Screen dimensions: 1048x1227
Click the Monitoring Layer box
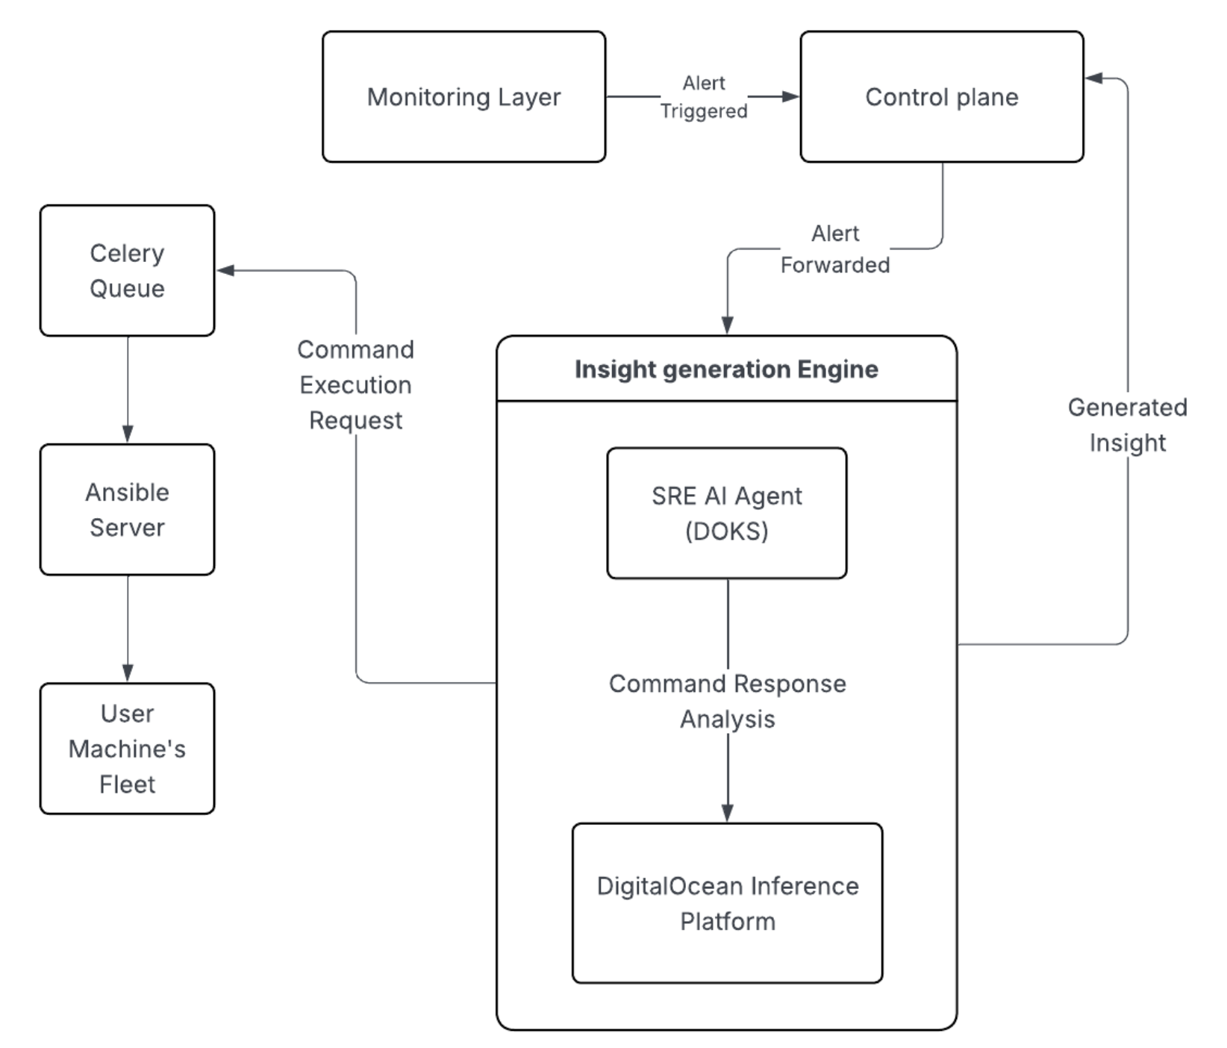[x=463, y=97]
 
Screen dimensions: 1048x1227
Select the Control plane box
[x=941, y=97]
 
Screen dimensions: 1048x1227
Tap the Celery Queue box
[x=127, y=271]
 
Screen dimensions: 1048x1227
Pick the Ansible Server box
[x=127, y=510]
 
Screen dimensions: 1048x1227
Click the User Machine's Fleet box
[x=127, y=749]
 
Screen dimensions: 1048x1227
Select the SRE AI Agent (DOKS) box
[x=726, y=514]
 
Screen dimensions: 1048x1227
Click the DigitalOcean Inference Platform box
[x=727, y=903]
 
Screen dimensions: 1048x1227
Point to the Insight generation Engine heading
[x=726, y=369]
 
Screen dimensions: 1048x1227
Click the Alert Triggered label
[x=703, y=97]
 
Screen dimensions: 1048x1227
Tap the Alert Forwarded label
[x=834, y=249]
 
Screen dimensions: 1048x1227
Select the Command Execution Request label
[x=355, y=385]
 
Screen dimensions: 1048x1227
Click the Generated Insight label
[x=1127, y=425]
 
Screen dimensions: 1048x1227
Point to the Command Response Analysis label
[x=727, y=701]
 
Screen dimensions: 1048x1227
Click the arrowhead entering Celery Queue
[x=225, y=270]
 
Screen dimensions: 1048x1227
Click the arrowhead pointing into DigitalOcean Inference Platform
[x=728, y=813]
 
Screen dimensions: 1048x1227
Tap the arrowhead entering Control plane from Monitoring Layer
[x=790, y=96]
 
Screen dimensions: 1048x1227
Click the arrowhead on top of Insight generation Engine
[x=727, y=325]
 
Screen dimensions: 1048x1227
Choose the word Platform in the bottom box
[x=727, y=922]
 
